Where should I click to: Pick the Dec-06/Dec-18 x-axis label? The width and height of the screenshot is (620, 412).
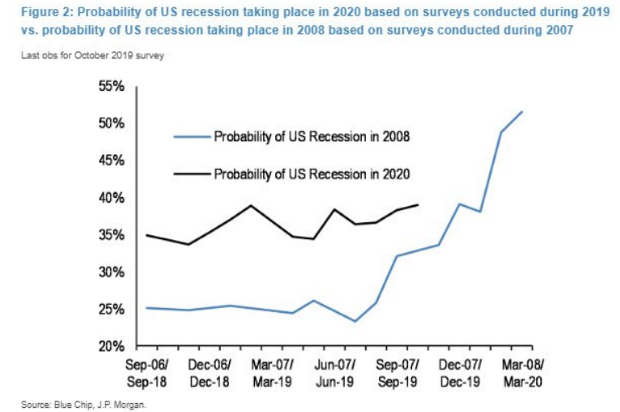(210, 371)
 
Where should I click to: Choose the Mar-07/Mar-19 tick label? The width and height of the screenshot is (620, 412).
(272, 371)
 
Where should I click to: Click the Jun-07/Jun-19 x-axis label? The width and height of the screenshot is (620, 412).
(334, 371)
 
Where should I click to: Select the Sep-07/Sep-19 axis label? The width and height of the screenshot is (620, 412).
(397, 371)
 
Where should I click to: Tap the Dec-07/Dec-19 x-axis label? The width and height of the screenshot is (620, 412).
(461, 371)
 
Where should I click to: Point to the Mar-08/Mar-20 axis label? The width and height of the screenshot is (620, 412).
(522, 371)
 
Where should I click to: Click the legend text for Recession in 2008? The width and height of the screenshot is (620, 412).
(312, 137)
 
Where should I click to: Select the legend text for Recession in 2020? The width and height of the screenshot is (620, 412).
(312, 174)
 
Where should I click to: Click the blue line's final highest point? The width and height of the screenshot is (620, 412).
(522, 112)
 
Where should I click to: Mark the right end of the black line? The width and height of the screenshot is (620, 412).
(418, 205)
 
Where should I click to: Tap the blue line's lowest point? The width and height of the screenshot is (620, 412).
(355, 321)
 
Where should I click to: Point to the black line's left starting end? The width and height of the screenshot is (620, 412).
(147, 235)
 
